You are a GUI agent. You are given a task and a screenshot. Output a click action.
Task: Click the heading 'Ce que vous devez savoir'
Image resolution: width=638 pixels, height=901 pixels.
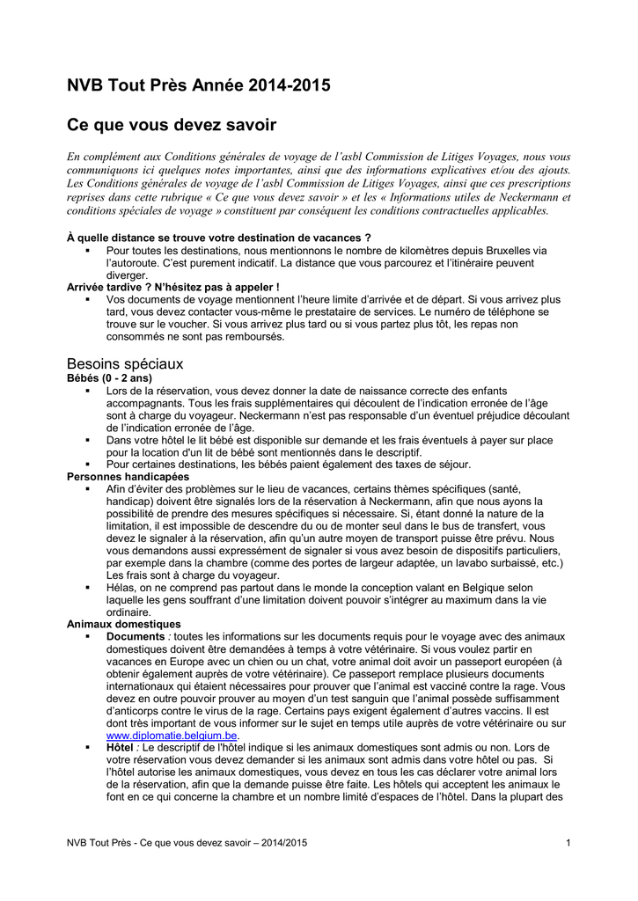172,126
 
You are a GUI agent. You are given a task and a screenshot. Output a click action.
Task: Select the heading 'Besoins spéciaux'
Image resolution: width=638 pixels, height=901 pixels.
125,363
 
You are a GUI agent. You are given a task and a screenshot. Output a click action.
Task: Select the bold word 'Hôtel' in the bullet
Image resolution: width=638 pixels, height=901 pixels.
121,747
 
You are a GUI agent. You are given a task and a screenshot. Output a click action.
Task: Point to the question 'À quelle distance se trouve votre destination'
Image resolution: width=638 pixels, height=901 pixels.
218,238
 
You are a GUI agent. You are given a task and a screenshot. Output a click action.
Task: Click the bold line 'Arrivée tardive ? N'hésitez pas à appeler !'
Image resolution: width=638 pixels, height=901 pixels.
173,288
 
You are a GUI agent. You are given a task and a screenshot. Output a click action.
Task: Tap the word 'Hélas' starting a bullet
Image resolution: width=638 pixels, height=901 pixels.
121,587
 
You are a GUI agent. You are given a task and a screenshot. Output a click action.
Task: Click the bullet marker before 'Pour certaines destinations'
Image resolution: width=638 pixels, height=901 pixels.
88,464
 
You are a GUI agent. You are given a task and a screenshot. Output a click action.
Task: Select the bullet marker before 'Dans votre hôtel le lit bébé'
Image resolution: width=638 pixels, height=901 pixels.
88,439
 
